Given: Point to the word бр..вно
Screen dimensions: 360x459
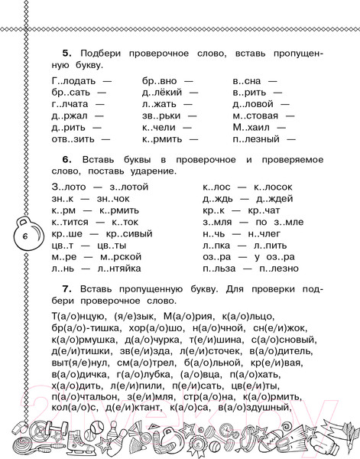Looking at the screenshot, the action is click(158, 80).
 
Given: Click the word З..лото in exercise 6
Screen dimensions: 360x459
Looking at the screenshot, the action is click(67, 187).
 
